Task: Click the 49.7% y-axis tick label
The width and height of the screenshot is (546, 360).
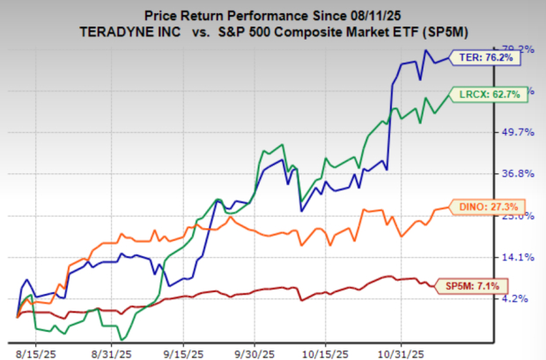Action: coord(517,132)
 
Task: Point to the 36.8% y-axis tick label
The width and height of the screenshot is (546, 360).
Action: coord(517,174)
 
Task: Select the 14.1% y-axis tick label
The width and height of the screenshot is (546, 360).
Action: coord(517,258)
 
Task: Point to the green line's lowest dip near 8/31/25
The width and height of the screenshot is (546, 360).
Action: coord(122,338)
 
